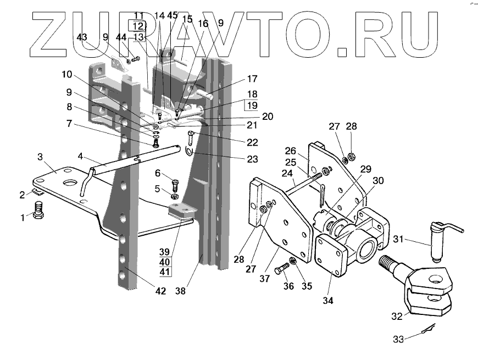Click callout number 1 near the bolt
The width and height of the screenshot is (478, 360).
click(23, 218)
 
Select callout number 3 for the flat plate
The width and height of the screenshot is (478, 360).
click(40, 157)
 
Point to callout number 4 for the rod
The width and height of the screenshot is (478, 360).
click(80, 156)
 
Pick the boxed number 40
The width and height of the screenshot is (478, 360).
click(165, 262)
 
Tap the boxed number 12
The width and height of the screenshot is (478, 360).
click(138, 26)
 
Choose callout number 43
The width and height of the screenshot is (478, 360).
click(82, 37)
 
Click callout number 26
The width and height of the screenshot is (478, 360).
click(291, 151)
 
